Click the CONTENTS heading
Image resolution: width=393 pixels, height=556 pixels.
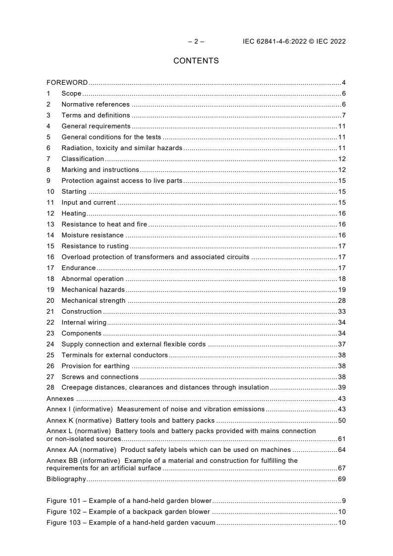pos(196,61)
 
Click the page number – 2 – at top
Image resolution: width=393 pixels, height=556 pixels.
pos(196,42)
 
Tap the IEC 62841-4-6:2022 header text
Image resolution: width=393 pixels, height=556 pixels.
pos(294,42)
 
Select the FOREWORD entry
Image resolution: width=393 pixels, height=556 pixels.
pos(67,83)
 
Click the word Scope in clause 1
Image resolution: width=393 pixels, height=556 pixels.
pos(71,94)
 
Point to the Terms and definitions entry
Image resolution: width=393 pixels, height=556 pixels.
pos(96,115)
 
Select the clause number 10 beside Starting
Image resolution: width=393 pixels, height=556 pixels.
pos(50,192)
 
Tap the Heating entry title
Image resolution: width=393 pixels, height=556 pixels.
pos(73,214)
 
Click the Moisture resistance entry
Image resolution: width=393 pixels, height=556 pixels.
pos(92,235)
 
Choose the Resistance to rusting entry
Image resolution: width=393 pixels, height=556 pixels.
pos(95,246)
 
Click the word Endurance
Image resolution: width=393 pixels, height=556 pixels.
pos(78,268)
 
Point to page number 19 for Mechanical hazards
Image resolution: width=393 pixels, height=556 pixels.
pos(341,290)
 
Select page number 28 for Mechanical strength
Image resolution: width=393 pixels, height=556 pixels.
pos(341,301)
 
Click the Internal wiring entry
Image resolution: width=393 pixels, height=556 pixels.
pos(84,323)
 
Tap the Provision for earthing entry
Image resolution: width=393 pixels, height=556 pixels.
pos(95,366)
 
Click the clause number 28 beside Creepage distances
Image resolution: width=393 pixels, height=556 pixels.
pos(50,388)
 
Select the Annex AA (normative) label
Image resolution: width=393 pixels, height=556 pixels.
pos(81,450)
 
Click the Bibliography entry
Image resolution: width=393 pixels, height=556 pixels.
pos(66,479)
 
